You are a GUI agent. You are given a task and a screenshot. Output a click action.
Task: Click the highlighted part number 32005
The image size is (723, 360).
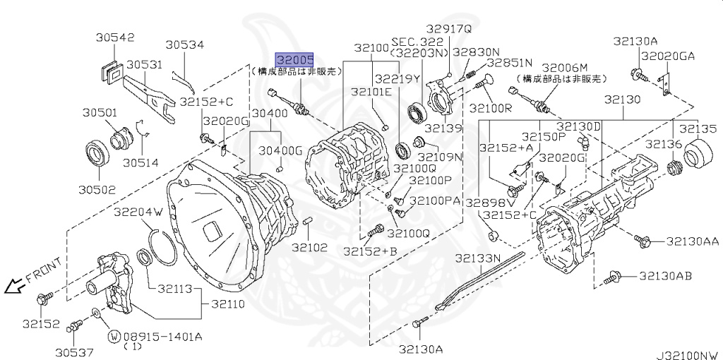tap(294, 60)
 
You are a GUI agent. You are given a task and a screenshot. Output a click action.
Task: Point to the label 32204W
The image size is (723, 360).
tap(138, 211)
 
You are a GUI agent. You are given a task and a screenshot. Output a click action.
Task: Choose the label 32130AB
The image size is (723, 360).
tap(674, 275)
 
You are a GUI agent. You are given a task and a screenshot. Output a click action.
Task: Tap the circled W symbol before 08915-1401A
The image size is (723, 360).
tap(113, 337)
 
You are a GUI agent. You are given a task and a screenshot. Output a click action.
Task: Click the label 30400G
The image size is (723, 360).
tap(280, 150)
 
